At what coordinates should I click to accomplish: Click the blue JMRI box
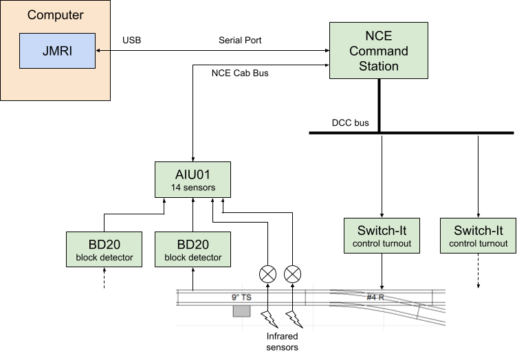tap(57, 51)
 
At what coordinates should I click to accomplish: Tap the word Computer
tap(56, 14)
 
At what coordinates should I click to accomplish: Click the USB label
tap(131, 41)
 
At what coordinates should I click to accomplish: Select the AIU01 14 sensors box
tap(192, 179)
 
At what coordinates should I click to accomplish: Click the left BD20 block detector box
tap(104, 249)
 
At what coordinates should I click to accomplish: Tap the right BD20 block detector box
tap(192, 249)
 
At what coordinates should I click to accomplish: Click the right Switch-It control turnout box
tap(478, 236)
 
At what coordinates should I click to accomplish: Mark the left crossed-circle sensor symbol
tap(267, 274)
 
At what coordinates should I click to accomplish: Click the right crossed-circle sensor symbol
tap(294, 274)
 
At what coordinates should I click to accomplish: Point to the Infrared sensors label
tap(282, 342)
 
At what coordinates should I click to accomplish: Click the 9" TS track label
tap(243, 297)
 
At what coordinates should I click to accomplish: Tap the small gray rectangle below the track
tap(241, 311)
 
